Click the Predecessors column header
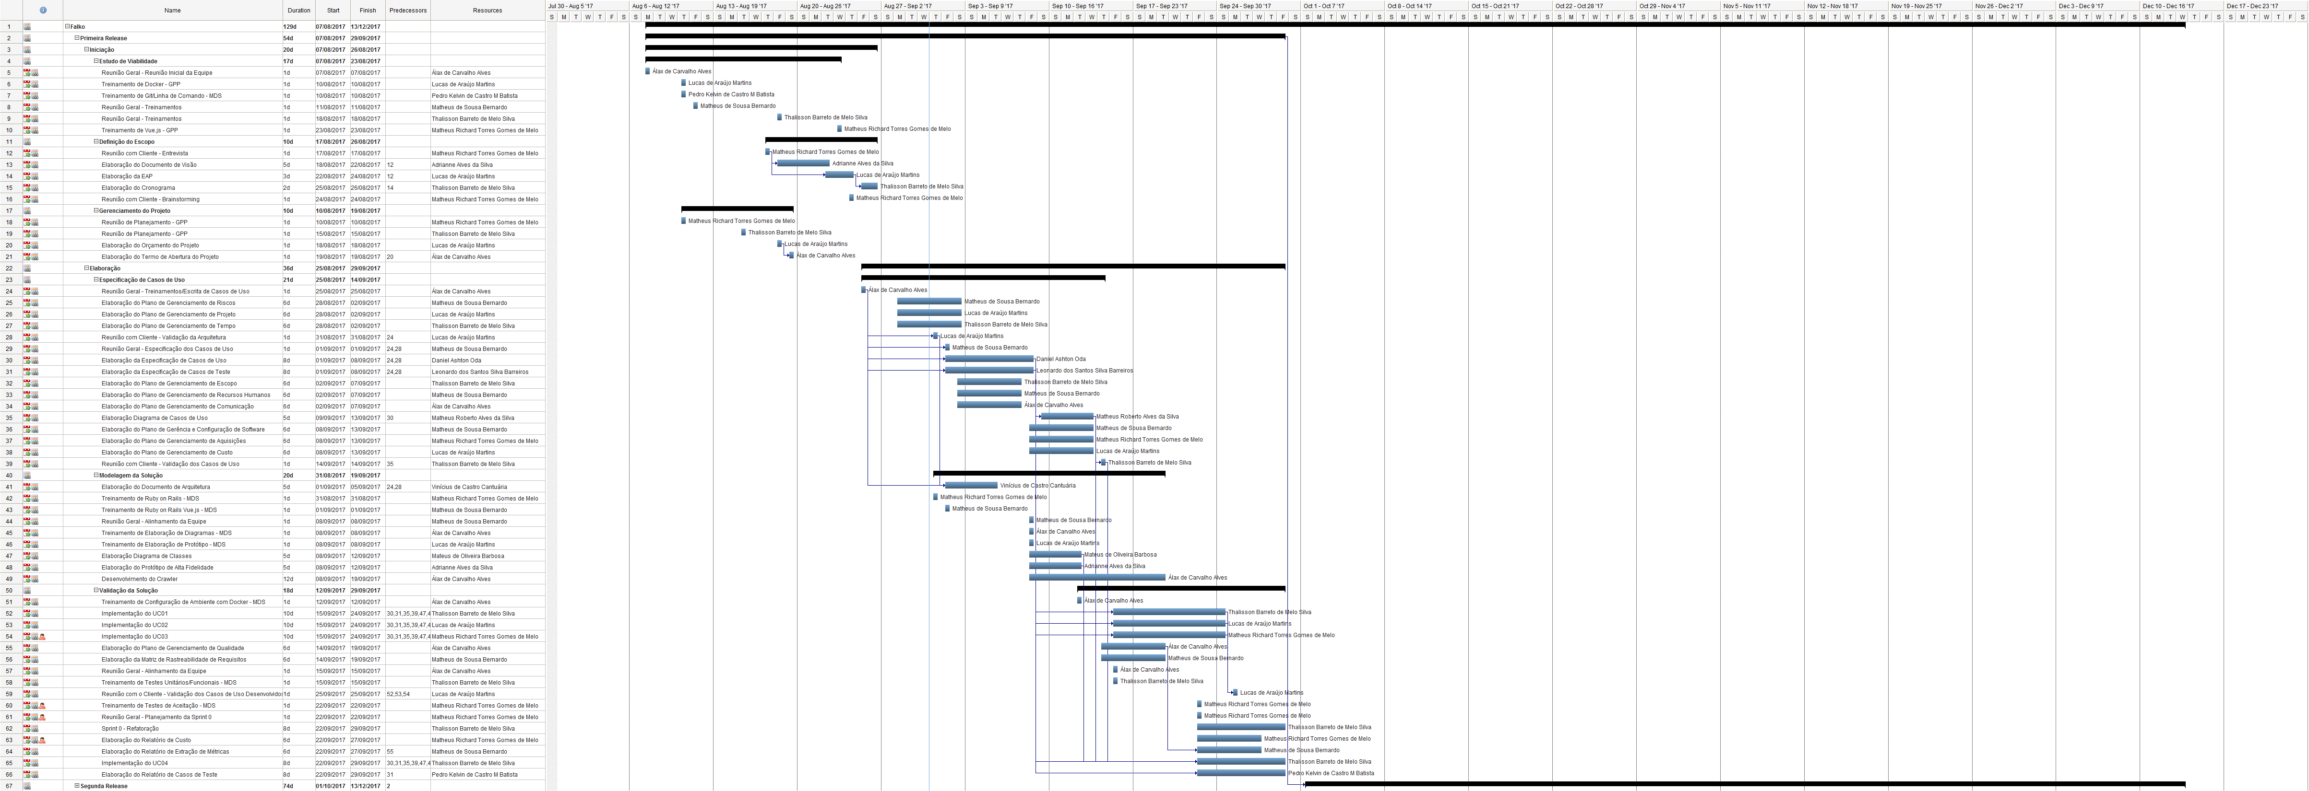pos(408,11)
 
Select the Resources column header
pos(487,11)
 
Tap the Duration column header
pos(298,11)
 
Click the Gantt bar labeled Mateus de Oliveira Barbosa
pos(1055,555)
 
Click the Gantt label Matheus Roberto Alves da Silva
pos(1137,417)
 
